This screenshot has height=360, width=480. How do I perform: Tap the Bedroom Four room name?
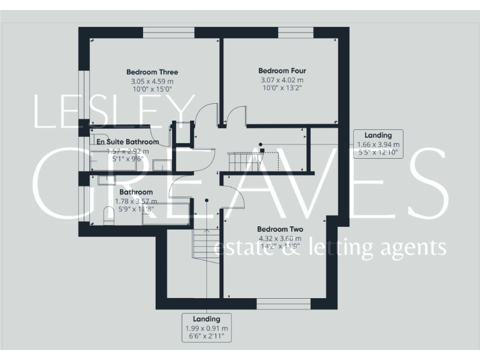tap(282, 71)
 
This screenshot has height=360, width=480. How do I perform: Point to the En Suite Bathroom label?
tap(127, 142)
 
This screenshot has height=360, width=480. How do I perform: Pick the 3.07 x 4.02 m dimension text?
tap(282, 80)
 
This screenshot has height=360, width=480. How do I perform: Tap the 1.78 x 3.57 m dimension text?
tap(136, 201)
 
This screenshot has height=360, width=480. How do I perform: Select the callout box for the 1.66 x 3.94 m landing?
tap(377, 144)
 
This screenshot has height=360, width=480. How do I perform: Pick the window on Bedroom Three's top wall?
tap(169, 32)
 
